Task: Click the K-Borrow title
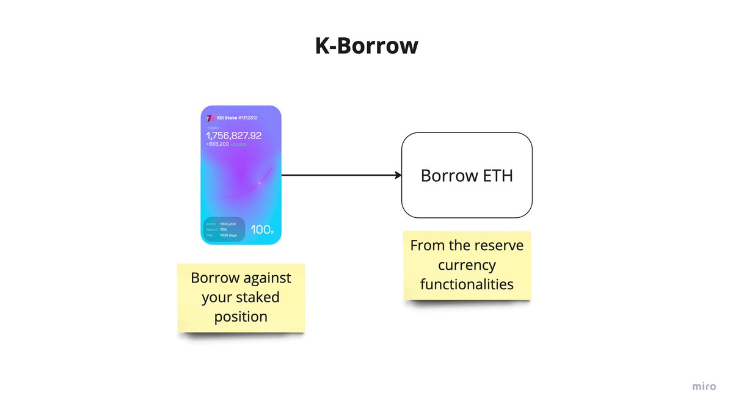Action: [x=366, y=46]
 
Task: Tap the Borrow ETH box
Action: [x=467, y=176]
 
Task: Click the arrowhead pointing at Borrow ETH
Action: [x=398, y=176]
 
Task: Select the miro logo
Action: [x=704, y=386]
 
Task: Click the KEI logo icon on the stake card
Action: [x=210, y=118]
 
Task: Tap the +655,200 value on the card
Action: [x=217, y=145]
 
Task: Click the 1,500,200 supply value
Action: [x=229, y=224]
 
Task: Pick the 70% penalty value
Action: [x=224, y=229]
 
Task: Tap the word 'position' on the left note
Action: [x=241, y=317]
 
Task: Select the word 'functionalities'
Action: [x=467, y=284]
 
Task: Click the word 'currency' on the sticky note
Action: [x=467, y=265]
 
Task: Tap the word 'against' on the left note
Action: [x=267, y=278]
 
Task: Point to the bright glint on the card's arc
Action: [x=259, y=182]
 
